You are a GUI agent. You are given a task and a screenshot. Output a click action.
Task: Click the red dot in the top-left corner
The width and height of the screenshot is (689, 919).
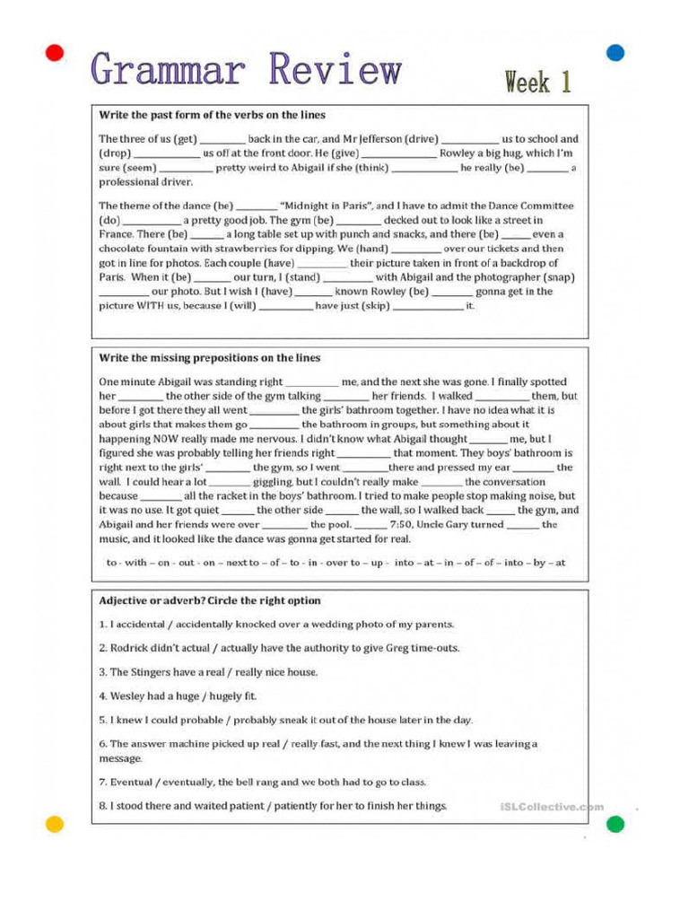pos(55,53)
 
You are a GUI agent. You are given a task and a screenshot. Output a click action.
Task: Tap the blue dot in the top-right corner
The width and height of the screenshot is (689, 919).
pos(615,52)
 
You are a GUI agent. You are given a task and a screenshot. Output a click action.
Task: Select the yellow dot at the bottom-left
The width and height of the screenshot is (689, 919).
pos(55,823)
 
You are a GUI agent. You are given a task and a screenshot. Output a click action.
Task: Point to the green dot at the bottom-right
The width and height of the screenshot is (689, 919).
pos(615,824)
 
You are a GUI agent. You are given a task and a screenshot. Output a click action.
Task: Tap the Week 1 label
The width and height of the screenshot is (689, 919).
pos(537,83)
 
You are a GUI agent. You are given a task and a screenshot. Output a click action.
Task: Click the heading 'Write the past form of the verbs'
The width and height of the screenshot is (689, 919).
pos(212,116)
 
